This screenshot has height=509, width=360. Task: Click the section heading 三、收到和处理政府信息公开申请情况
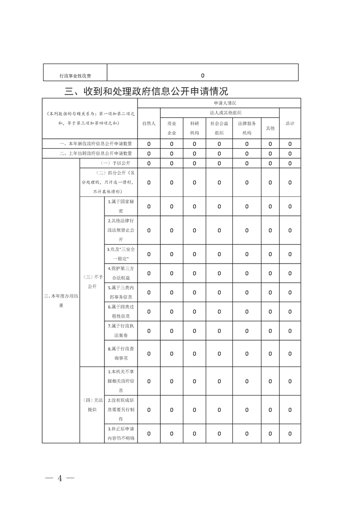(x=146, y=91)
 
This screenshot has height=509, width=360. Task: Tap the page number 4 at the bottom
(x=59, y=478)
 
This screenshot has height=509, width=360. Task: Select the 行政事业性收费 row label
(x=75, y=76)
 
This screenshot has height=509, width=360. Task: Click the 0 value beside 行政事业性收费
(x=202, y=76)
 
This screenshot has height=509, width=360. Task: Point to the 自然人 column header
(x=149, y=123)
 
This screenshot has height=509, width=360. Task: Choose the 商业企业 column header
(x=172, y=128)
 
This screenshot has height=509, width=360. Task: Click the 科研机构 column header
(x=194, y=128)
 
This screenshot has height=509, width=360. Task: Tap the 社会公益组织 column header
(x=219, y=128)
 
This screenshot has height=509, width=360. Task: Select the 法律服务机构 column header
(x=247, y=128)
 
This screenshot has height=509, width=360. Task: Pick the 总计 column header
(x=290, y=123)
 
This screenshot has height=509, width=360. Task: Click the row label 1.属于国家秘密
(x=121, y=206)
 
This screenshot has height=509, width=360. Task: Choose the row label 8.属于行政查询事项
(x=121, y=353)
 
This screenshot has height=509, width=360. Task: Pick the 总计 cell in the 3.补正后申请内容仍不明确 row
(x=290, y=433)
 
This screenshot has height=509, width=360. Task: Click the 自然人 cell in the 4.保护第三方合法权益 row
(x=149, y=273)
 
